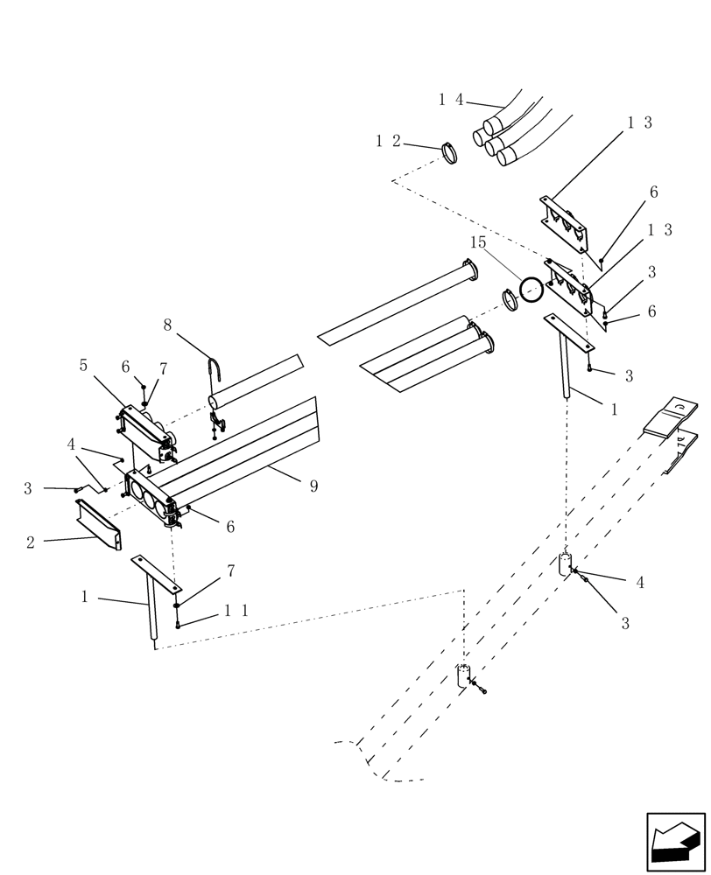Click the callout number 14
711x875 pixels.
coord(451,100)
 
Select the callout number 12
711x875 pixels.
coord(388,141)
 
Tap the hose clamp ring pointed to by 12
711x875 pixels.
coord(449,154)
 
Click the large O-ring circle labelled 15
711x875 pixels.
coord(531,290)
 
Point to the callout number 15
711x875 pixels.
coord(477,242)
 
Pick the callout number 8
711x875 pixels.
coord(167,325)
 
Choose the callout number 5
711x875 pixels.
coord(83,365)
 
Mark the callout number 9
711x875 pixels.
coord(313,486)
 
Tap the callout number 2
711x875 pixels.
coord(31,542)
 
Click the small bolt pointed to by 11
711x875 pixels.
coord(178,624)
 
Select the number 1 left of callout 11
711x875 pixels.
coord(85,597)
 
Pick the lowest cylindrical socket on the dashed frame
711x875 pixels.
coord(464,676)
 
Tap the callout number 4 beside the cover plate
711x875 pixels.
coord(71,444)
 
